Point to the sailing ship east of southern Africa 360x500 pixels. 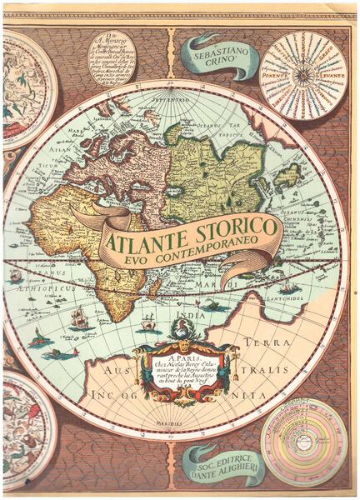(149, 321)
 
